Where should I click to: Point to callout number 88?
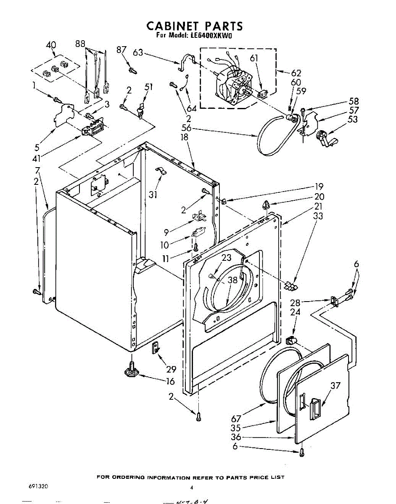(x=80, y=44)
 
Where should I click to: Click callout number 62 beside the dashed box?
(x=296, y=73)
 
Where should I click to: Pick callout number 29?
(x=171, y=369)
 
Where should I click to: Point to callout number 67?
(x=236, y=418)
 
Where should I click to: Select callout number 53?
(x=353, y=120)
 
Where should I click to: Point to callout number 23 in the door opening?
(x=227, y=259)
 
